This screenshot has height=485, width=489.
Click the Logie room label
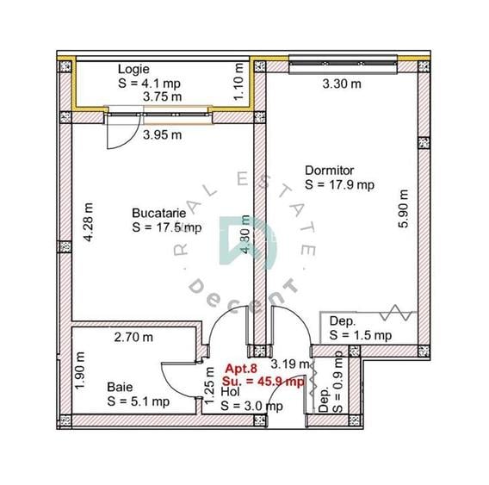tap(133, 70)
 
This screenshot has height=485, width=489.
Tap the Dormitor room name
tap(330, 171)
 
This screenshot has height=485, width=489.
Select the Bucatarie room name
tap(159, 213)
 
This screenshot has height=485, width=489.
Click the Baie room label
tap(120, 387)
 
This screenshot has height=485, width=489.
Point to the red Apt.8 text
tap(241, 369)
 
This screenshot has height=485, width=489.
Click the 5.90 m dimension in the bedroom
tap(403, 208)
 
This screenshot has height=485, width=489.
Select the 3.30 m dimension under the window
tap(342, 84)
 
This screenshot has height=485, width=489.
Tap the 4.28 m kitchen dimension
tap(89, 222)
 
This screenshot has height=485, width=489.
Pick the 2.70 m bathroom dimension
tap(133, 338)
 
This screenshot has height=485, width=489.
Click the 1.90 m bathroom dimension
tap(80, 370)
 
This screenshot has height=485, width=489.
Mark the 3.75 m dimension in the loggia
tap(162, 96)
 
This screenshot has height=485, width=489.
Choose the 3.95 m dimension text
tap(162, 135)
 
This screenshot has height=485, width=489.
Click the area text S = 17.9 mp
tap(339, 184)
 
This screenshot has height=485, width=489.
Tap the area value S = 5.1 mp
tap(139, 401)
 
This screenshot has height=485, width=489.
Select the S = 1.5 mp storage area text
tap(361, 335)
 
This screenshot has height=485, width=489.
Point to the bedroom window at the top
tap(343, 65)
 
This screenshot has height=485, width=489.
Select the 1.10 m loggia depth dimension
tap(238, 82)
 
